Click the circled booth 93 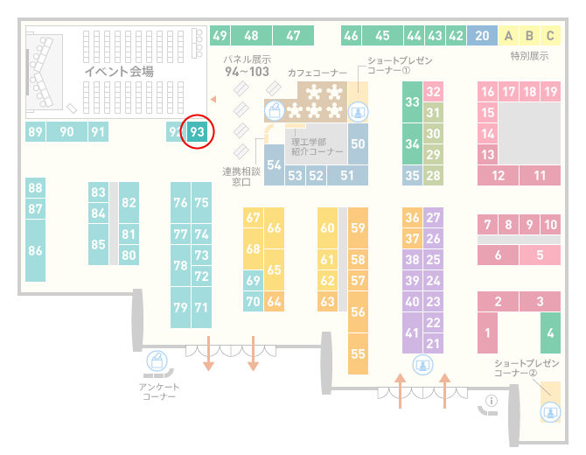pos(197,131)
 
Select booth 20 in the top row pos(482,36)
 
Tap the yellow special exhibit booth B pos(529,36)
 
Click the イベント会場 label pos(119,71)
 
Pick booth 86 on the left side pos(35,250)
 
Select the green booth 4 pos(550,332)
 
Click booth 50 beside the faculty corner pos(358,144)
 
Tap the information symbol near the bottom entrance pos(491,401)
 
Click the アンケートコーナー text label pos(159,391)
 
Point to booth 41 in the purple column pos(412,332)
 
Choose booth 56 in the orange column pos(358,311)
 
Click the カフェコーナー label pos(317,73)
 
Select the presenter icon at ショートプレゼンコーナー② pos(550,412)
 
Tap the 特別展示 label pos(529,56)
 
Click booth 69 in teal pos(253,280)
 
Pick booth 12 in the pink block pos(498,175)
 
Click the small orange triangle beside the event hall pos(213,99)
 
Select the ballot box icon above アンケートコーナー pos(157,361)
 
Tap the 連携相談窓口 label pos(241,177)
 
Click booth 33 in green pos(412,101)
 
